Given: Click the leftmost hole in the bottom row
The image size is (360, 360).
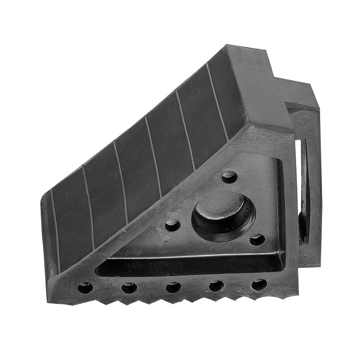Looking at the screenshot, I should pos(85,288).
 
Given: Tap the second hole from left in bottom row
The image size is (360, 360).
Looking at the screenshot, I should pos(129,288).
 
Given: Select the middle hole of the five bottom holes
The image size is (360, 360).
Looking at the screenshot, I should pos(173,287).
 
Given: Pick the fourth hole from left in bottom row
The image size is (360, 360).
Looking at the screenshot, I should pos(216,286).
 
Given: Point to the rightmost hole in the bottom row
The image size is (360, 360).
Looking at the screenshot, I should pos(259,284).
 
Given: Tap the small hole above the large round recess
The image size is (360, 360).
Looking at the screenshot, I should pos(229,177).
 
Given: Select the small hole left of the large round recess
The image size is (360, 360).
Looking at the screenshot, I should pos(172,225).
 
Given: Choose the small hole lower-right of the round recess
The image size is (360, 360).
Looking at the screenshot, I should pos(257,240).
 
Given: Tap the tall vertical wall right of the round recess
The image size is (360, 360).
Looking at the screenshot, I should pos(280,203).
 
